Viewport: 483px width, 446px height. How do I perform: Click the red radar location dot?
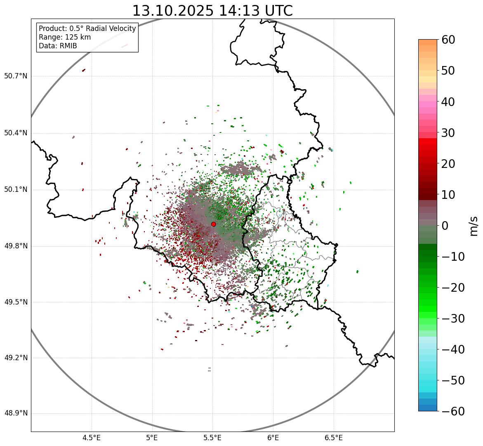coord(213,224)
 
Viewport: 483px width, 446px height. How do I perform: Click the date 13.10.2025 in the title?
coord(173,11)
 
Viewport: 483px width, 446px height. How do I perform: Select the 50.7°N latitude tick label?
coord(16,76)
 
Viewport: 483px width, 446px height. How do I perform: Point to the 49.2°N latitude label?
coord(16,358)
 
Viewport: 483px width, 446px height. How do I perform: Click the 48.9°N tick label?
coord(16,413)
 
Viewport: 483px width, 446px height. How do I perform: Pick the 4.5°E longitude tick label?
coord(92,438)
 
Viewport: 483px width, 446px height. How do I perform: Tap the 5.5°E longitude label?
coord(212,438)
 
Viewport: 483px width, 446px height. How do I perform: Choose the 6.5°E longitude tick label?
coord(333,438)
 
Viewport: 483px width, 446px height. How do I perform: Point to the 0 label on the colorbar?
coord(445,226)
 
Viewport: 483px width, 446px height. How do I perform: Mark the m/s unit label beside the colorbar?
coord(474,226)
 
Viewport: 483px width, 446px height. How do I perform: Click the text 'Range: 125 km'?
coord(65,37)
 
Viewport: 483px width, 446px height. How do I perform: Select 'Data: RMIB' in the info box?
coord(58,46)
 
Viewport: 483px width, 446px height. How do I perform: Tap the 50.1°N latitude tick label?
coord(16,190)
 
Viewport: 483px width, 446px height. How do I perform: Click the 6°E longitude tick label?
coord(273,438)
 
